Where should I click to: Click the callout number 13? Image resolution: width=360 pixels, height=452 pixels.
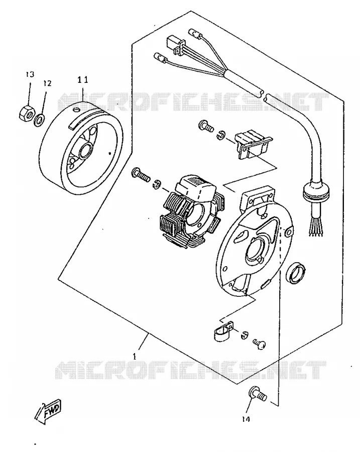[30, 74]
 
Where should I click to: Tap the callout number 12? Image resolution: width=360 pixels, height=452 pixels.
[47, 83]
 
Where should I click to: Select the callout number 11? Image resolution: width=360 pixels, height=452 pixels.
[83, 80]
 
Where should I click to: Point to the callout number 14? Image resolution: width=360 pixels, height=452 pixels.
[246, 419]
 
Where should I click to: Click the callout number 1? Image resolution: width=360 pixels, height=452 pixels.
[135, 357]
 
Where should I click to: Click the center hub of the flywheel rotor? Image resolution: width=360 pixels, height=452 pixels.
[85, 151]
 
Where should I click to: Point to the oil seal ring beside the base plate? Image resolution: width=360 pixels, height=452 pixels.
[295, 273]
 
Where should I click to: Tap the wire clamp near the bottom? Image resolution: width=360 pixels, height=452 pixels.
[224, 330]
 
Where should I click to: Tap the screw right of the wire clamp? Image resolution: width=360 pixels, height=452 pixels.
[259, 344]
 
